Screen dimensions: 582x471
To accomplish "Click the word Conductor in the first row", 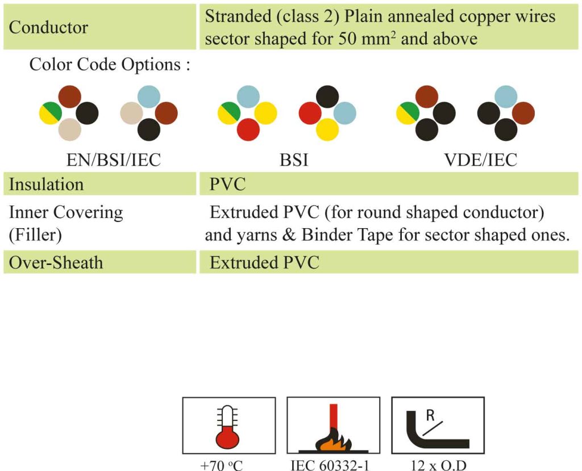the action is point(48,27).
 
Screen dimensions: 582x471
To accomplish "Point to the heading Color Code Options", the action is point(110,65).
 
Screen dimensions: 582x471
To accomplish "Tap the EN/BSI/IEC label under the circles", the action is point(113,159).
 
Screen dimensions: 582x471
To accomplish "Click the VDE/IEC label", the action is point(481,159).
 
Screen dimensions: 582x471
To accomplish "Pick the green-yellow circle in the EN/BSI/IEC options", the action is point(51,113).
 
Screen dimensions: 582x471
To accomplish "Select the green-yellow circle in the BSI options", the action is point(229,113).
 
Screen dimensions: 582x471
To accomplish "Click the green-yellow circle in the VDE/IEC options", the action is point(408,113).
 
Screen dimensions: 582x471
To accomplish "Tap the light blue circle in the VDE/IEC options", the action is point(506,96).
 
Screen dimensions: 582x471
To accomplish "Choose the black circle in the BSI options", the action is point(327,96).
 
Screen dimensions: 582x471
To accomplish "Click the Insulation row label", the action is point(46,184).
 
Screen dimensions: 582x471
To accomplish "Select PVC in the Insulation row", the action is point(227,184).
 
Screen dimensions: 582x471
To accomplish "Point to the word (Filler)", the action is point(35,235).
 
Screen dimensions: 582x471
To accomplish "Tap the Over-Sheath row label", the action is point(56,263).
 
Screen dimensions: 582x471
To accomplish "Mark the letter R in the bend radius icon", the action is point(430,415).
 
